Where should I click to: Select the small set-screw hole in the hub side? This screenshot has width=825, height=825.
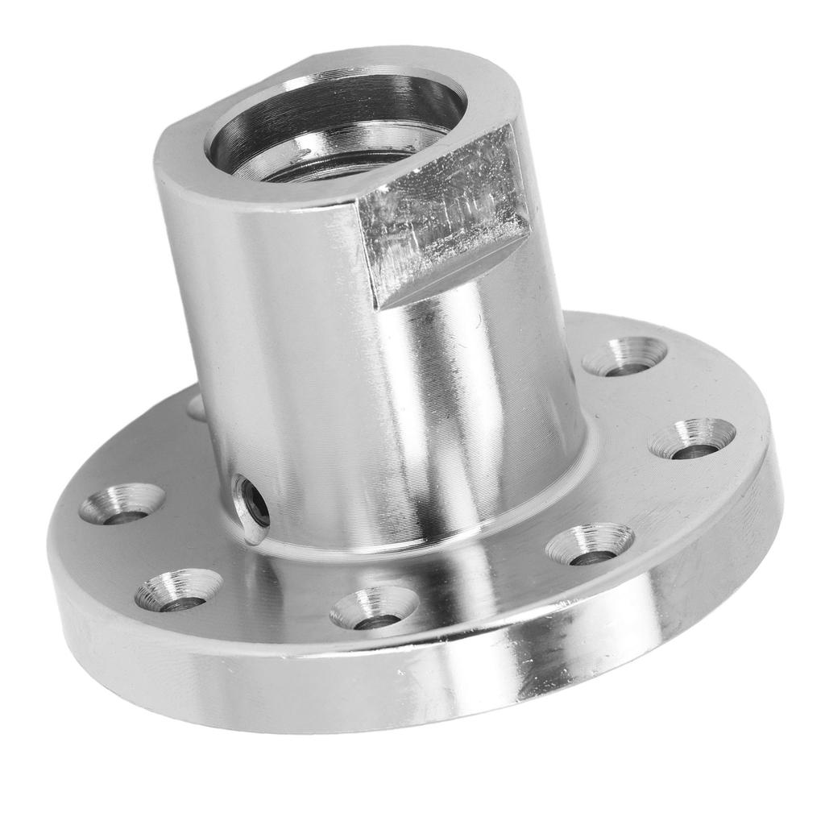pos(253,507)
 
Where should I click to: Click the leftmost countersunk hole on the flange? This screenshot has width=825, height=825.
pos(122,504)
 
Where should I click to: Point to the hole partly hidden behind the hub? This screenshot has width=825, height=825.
pos(197,408)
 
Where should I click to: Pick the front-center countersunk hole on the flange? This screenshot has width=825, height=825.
pos(374,609)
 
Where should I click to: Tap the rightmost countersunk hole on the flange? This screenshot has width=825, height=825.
pos(692,440)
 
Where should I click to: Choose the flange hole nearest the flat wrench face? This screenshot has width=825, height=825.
pos(624,357)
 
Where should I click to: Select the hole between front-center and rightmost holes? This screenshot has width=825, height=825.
pos(589,545)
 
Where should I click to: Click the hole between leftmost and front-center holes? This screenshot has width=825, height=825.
pos(178,591)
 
